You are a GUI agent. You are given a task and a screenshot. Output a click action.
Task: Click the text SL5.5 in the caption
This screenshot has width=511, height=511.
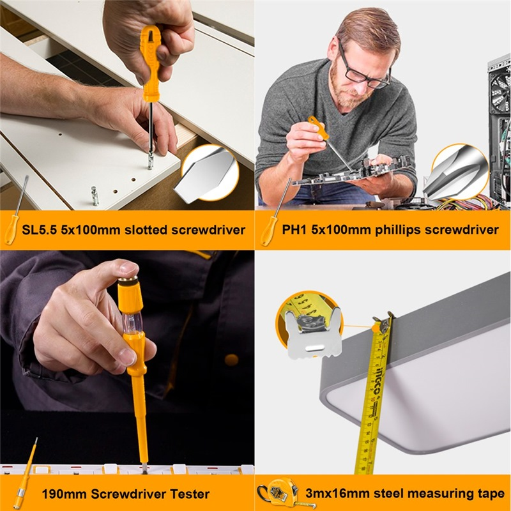pos(40,230)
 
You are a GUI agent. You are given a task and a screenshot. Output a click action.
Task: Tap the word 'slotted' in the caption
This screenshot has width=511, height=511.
pos(146,230)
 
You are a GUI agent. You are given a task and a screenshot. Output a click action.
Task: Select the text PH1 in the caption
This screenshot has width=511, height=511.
pos(294,229)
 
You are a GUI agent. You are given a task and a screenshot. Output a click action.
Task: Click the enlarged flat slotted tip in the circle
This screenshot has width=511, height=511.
pos(205,174)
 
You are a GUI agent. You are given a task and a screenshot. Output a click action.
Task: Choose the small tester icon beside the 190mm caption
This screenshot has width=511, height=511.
pos(25,473)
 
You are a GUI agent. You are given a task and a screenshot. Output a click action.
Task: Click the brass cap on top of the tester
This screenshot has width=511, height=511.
pos(128,280)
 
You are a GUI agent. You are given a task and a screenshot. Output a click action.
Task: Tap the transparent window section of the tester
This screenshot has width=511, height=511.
pos(132,323)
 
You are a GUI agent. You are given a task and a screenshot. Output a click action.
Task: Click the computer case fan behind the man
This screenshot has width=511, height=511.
pos(499,91)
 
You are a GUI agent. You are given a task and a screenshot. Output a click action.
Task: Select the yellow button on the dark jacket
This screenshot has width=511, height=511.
pos(231,360)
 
